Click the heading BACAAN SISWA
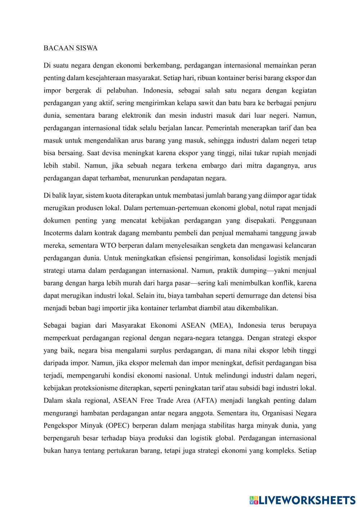point(71,48)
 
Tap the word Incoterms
point(58,233)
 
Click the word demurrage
point(263,296)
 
